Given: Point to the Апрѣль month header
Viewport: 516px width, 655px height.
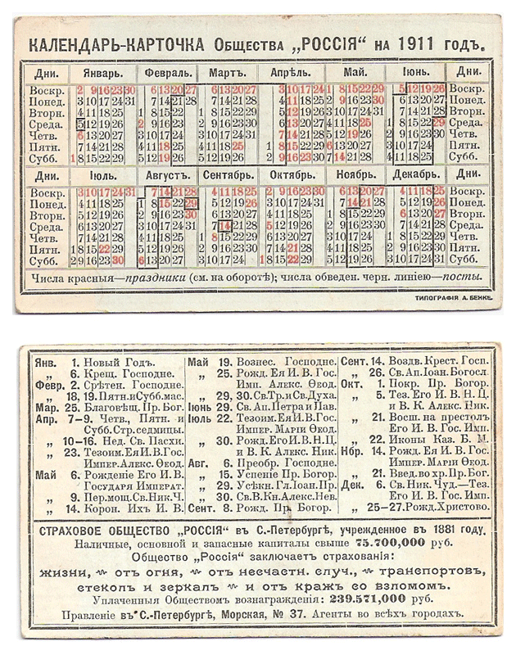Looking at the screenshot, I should click(x=291, y=72).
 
